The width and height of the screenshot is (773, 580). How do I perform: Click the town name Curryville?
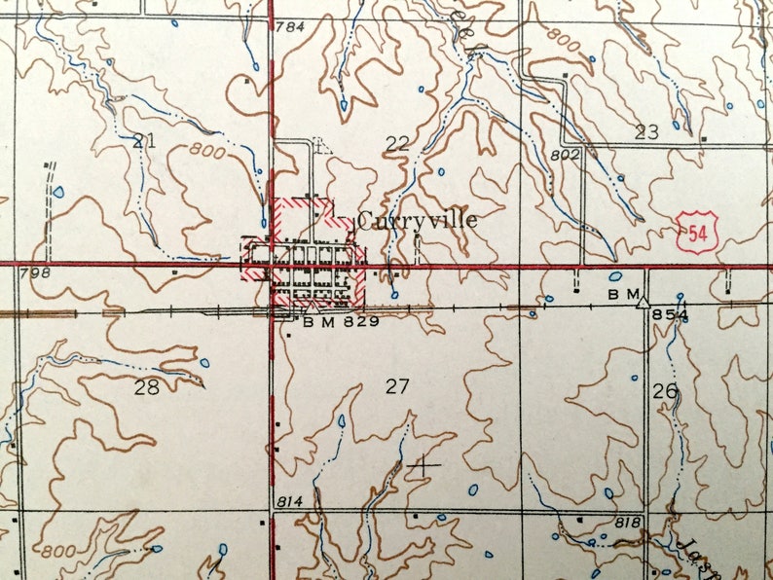pos(418,220)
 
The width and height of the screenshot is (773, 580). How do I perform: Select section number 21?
pos(144,140)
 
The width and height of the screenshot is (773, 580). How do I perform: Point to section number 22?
pos(396,144)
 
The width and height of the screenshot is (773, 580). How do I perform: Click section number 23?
pos(646,132)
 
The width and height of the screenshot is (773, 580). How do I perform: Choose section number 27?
pos(396,386)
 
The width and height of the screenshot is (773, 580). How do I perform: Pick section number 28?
pos(146,386)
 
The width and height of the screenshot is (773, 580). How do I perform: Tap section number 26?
pos(665,391)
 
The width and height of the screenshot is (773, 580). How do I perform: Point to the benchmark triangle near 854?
pos(643,303)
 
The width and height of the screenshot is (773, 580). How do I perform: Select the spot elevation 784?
pos(290,26)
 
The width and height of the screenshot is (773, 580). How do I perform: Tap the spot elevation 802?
pos(565,154)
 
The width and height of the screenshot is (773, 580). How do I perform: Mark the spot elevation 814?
pos(290,500)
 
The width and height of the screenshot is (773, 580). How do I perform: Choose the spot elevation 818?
pos(628,524)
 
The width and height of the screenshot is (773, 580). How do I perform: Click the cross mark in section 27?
pos(423,465)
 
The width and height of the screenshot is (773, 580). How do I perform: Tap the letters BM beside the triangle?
pos(623,293)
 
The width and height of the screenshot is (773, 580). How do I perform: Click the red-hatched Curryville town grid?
pos(306,262)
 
